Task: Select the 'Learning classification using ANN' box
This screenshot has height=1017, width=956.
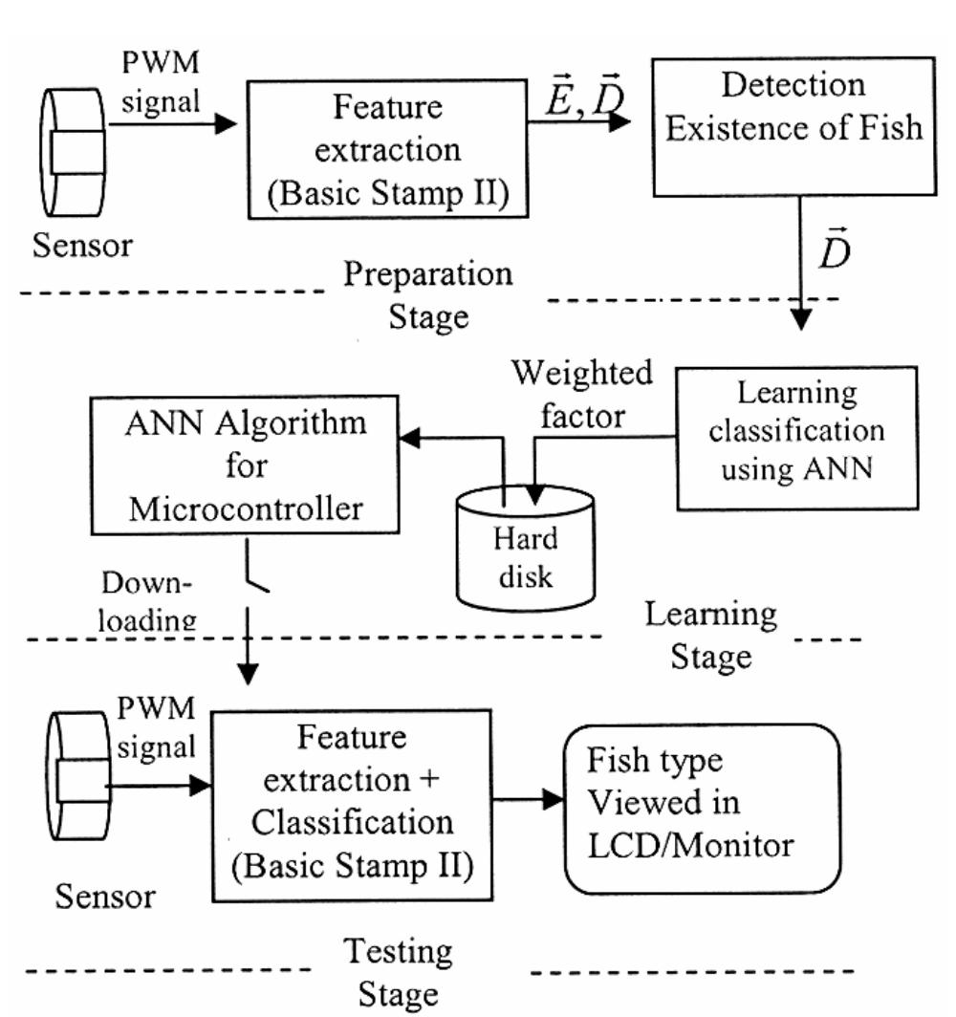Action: (796, 437)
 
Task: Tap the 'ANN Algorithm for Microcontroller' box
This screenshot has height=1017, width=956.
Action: (246, 465)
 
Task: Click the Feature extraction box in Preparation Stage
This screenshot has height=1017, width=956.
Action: (388, 151)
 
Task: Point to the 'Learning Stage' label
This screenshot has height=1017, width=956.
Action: (710, 635)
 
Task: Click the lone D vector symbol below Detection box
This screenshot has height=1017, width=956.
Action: (834, 253)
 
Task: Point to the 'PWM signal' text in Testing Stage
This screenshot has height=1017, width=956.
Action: (156, 729)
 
